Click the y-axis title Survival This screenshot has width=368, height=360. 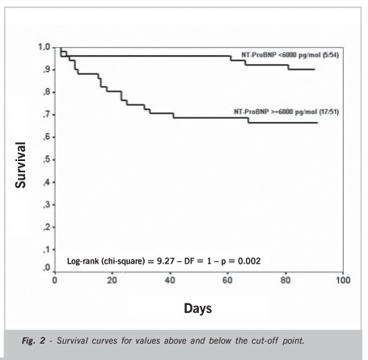pos(20,165)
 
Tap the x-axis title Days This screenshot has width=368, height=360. pos(197,308)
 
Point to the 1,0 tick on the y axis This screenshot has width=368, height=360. pos(44,48)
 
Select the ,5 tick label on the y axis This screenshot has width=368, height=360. pos(46,159)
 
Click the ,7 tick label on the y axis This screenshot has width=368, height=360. pos(46,115)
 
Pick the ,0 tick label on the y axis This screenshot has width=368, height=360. pos(46,268)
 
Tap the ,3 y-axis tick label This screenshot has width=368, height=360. pos(46,205)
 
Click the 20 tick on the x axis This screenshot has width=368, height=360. pos(112,280)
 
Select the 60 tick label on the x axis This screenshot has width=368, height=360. pos(227,280)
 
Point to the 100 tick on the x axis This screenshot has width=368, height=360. pos(343,280)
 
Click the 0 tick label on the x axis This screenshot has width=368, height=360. pos(55,280)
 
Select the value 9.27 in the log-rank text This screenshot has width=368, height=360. pos(165,261)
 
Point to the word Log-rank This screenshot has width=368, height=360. pos(83,261)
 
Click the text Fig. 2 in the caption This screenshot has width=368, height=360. pos(33,341)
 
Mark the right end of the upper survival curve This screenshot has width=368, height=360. pos(315,70)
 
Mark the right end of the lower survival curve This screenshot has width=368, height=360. pos(317,123)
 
